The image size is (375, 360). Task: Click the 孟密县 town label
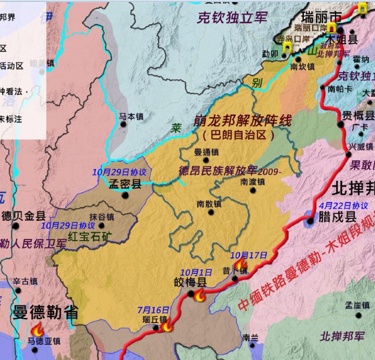click(125, 183)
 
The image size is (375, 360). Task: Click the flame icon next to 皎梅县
click(199, 296)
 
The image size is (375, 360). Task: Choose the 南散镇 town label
click(209, 204)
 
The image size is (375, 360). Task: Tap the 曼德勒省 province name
click(46, 313)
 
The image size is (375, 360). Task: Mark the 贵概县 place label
click(358, 115)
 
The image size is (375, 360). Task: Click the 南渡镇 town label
click(253, 181)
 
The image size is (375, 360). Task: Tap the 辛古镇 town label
click(25, 282)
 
